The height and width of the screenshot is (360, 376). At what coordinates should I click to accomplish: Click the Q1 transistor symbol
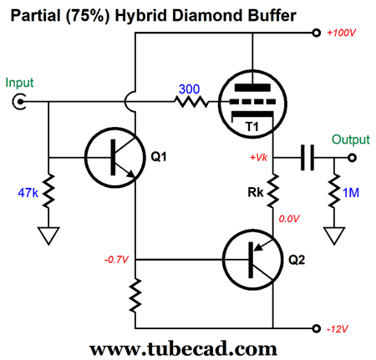pos(114,158)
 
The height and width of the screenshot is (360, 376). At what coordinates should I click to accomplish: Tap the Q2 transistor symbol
pos(253,260)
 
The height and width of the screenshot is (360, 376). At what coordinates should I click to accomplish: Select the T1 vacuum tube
pos(252,104)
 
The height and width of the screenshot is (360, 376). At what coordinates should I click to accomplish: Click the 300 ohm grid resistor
pos(191,102)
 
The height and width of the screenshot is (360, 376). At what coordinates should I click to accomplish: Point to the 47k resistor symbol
pos(48,191)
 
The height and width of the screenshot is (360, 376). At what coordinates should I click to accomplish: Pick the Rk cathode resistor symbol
pos(273,191)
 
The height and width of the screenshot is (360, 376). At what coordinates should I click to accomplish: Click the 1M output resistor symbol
pos(334,191)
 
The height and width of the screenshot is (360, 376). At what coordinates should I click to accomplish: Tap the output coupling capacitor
pos(307,158)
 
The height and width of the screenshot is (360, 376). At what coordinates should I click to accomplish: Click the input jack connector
pos(19,102)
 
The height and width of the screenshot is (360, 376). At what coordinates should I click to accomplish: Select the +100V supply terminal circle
pos(316,33)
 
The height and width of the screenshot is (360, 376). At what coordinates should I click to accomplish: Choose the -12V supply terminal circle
pos(316,328)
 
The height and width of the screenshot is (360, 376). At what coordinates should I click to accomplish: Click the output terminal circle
pos(352,158)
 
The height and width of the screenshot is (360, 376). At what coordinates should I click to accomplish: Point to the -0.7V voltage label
pos(116,260)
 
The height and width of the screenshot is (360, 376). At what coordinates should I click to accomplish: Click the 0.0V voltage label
pos(289,219)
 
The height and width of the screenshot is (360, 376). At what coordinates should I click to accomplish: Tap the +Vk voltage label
pos(258,158)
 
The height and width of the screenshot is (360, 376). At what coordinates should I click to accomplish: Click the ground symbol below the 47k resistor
pos(48,236)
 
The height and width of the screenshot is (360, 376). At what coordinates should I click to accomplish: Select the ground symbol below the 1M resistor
pos(334,236)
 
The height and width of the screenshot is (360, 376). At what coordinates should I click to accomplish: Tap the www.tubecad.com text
pos(183,348)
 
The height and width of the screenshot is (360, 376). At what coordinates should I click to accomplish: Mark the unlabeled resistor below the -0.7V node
pos(135,295)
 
